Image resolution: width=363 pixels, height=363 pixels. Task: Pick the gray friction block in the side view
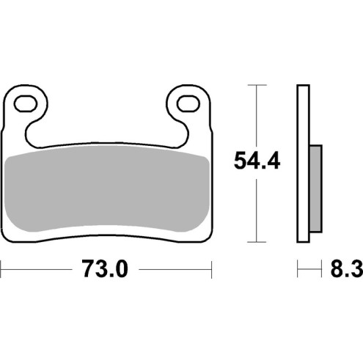pyautogui.click(x=315, y=186)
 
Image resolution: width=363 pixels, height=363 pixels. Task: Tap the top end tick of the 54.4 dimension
pyautogui.click(x=254, y=86)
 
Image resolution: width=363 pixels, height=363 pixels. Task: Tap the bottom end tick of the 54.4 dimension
pyautogui.click(x=254, y=242)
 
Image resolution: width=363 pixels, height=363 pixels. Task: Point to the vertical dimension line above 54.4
pyautogui.click(x=254, y=114)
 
